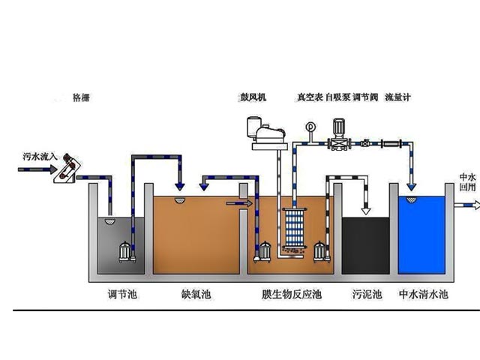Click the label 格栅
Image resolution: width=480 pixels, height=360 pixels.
(81, 97)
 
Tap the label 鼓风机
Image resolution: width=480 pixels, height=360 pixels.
(253, 97)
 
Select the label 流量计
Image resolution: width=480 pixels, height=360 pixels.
(397, 97)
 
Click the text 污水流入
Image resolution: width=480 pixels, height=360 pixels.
(40, 157)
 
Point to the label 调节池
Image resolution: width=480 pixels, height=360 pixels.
(122, 295)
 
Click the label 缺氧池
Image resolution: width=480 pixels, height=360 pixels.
(196, 295)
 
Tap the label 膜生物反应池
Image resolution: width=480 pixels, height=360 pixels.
(292, 295)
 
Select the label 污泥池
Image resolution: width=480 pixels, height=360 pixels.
(367, 295)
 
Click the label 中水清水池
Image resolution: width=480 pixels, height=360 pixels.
(424, 295)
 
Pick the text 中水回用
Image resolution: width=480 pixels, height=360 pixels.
(467, 182)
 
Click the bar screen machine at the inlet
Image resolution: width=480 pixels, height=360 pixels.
(67, 168)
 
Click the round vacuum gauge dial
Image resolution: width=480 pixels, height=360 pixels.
(310, 126)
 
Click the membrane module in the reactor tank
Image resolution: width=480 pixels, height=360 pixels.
(294, 227)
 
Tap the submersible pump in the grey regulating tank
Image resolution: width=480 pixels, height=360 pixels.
(125, 252)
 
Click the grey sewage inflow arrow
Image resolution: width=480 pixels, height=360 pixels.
(37, 169)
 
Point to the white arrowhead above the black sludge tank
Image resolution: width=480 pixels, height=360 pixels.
(366, 211)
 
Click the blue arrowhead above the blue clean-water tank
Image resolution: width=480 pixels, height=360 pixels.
(412, 187)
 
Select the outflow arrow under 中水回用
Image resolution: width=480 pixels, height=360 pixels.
(467, 205)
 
